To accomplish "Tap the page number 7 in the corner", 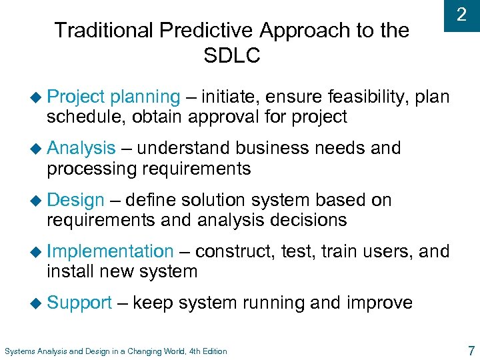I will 471,350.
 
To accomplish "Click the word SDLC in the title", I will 232,55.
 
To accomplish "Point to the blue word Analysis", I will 81,148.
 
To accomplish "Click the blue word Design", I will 75,200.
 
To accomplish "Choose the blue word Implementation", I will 110,251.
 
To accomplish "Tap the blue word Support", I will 79,303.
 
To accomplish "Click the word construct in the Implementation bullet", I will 233,251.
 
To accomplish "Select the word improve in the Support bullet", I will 379,303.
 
